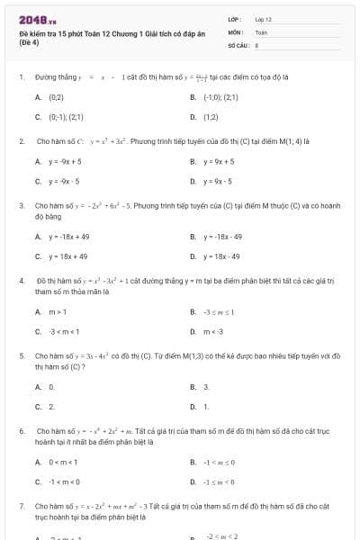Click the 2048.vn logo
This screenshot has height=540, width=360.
32,20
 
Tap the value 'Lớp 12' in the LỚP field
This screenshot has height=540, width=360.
263,19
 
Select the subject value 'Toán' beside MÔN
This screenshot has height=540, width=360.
261,31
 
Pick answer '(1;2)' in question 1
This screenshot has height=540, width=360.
211,116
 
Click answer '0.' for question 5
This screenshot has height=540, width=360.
51,386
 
